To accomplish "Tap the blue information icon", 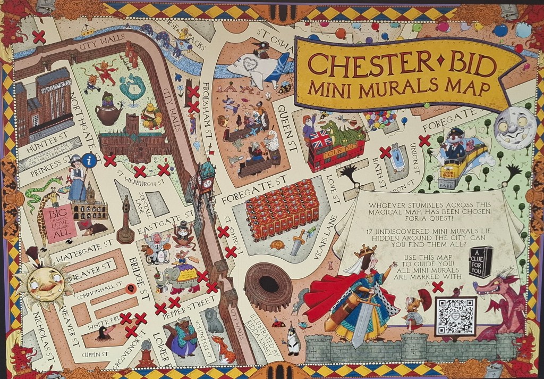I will (92, 159).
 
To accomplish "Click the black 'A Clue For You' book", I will (480, 261).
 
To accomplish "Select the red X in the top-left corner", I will (39, 37).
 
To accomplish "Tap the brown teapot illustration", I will (108, 112).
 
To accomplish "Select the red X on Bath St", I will (385, 153).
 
